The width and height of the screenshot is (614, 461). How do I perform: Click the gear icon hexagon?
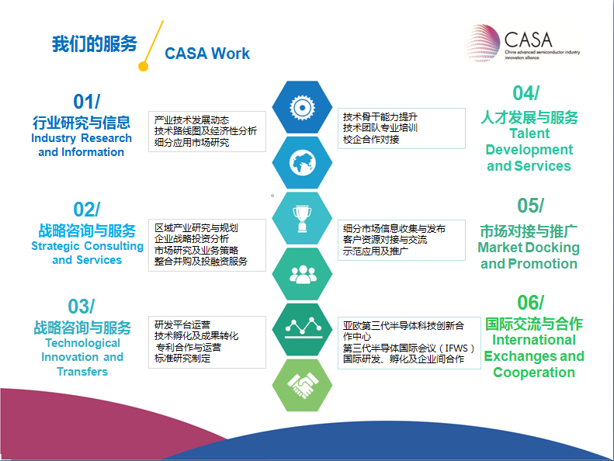pos(302,107)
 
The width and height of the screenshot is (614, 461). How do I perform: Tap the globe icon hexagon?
pos(302,162)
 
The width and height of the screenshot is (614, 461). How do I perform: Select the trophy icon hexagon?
pos(302,218)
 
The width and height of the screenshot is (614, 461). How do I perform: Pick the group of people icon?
pos(302,274)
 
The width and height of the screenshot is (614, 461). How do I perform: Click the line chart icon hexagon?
pos(302,329)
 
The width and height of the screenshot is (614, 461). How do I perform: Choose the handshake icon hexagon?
pos(302,385)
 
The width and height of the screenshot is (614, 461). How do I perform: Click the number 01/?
pos(86,102)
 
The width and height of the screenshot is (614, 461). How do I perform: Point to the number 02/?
pos(86,210)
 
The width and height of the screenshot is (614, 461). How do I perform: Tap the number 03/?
pos(81,307)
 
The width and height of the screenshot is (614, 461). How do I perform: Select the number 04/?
pos(526,93)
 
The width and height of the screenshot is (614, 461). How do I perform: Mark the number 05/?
pos(531,206)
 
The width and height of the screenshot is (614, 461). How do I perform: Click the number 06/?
pos(531,303)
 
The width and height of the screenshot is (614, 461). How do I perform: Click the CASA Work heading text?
pos(207,54)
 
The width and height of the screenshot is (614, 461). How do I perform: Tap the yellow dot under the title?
pos(144,66)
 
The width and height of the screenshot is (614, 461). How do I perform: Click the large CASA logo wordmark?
pos(529,40)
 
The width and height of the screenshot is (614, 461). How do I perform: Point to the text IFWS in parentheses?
pos(456,348)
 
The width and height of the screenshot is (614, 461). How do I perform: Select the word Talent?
pos(529,133)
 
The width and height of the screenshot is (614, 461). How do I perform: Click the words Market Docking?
pos(529,248)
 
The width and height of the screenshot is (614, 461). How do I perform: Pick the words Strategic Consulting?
pos(87,246)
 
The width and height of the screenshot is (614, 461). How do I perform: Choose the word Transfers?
pos(82,371)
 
